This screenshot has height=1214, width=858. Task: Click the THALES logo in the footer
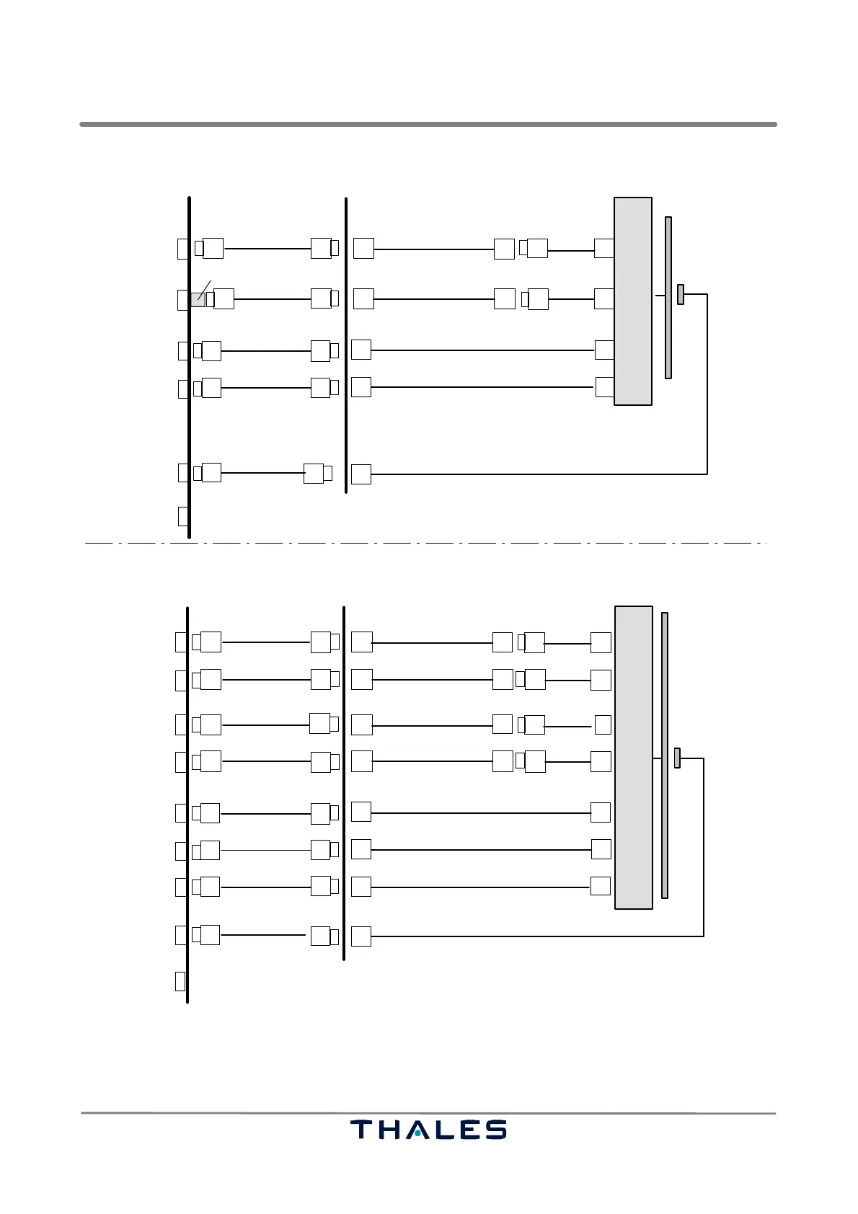click(428, 1129)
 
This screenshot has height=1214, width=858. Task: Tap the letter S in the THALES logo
click(496, 1129)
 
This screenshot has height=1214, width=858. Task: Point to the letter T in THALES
click(363, 1129)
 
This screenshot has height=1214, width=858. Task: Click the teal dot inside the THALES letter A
click(417, 1133)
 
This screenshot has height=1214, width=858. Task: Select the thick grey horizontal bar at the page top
click(428, 124)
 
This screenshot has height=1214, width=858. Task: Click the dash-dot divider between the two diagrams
click(425, 542)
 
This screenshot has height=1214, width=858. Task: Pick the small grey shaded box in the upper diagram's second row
click(197, 299)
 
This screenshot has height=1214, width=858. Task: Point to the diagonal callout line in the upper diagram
click(204, 289)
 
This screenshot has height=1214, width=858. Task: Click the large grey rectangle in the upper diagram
click(632, 301)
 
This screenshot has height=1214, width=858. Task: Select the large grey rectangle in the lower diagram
click(633, 757)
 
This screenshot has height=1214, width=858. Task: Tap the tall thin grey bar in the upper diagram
click(668, 297)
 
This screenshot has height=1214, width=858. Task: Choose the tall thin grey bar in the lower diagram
click(665, 755)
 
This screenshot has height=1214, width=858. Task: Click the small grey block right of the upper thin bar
click(681, 294)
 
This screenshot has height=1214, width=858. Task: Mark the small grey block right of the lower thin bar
click(677, 758)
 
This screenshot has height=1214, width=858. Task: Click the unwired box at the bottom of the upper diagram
click(183, 516)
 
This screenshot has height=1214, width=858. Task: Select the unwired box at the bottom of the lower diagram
click(180, 981)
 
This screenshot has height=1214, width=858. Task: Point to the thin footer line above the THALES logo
click(428, 1113)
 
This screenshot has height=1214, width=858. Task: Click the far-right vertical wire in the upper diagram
click(707, 384)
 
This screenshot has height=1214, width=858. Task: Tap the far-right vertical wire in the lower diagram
click(703, 847)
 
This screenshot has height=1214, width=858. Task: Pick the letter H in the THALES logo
click(389, 1129)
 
